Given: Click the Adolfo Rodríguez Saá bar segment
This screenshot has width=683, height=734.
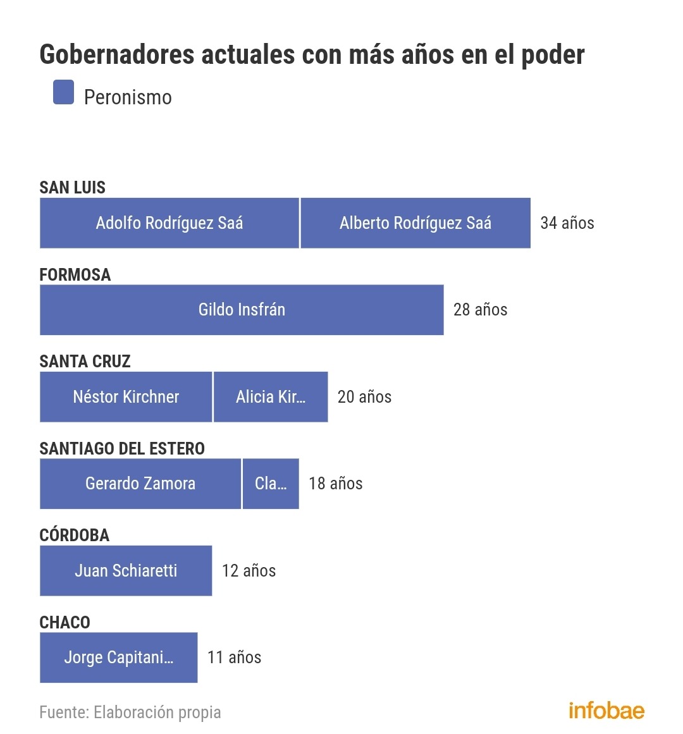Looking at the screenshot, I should (x=169, y=223).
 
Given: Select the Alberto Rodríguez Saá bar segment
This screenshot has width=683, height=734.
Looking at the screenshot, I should (x=415, y=223).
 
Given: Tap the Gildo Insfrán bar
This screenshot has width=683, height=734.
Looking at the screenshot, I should (x=242, y=310).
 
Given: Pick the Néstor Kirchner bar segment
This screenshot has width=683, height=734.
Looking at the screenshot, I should (x=126, y=397).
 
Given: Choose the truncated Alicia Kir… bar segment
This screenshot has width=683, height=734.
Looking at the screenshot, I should (x=271, y=397).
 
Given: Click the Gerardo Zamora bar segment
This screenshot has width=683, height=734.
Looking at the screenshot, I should (x=140, y=484).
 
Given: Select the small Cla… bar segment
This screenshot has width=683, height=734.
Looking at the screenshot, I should (x=271, y=484).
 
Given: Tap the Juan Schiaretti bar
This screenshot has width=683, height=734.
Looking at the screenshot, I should (x=126, y=571).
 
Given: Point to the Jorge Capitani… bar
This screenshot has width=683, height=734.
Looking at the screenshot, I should (x=118, y=658).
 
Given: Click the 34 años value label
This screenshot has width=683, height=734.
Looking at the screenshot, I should (x=567, y=223).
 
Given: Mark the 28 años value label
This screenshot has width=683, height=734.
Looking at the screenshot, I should (x=480, y=310).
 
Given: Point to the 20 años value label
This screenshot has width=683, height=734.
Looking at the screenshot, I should (x=364, y=397).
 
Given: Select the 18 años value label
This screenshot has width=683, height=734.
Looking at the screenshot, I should (x=335, y=484).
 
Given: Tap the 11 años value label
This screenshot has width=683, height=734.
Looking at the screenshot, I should (x=234, y=658).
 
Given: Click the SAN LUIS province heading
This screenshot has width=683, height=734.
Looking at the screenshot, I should (x=72, y=187).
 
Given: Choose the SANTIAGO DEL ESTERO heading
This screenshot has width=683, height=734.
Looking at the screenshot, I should (x=122, y=448).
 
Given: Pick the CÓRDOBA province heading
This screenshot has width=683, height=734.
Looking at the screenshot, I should (x=74, y=535).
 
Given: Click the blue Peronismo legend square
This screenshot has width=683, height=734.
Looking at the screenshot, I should (x=63, y=92).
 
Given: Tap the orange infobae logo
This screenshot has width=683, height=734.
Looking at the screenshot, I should (x=606, y=710).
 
